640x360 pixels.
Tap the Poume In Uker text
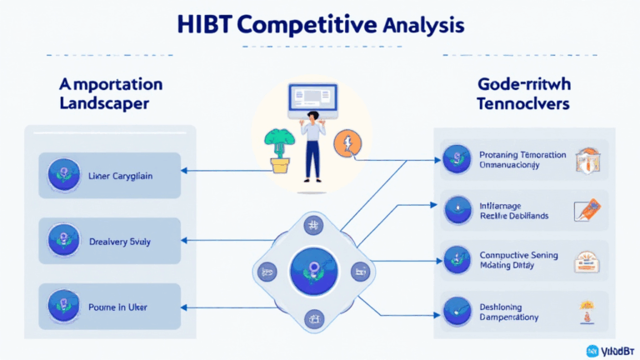click(119, 306)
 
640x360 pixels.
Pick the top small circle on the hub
click(313, 227)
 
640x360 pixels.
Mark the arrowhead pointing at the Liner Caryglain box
click(186, 172)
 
